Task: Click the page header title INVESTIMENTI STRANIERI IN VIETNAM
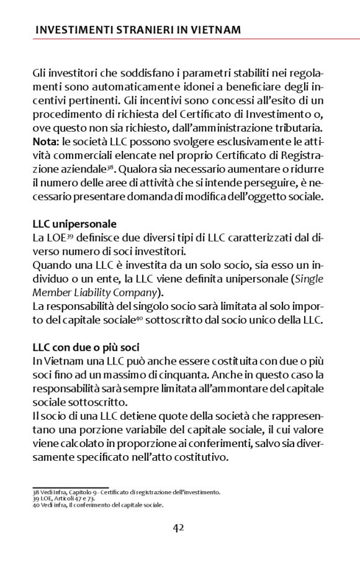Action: (x=138, y=29)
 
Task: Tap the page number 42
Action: (x=179, y=528)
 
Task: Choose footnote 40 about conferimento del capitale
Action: (x=97, y=505)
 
